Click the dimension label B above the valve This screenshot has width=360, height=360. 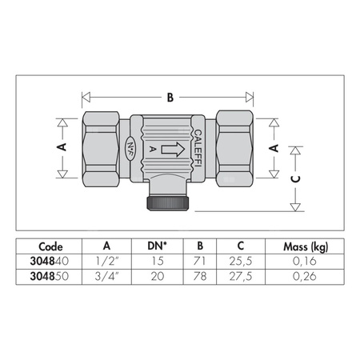point(170,98)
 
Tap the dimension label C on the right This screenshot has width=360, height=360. point(295,179)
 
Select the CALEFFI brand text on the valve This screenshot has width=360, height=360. point(198,148)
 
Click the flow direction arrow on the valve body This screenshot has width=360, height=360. point(173,150)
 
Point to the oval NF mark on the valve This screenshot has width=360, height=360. point(130,148)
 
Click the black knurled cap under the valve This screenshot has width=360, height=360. point(168,203)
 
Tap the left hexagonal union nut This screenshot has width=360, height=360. point(101,149)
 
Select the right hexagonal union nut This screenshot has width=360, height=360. point(234,149)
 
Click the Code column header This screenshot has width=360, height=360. point(50,246)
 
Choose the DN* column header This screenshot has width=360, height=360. point(157,246)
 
